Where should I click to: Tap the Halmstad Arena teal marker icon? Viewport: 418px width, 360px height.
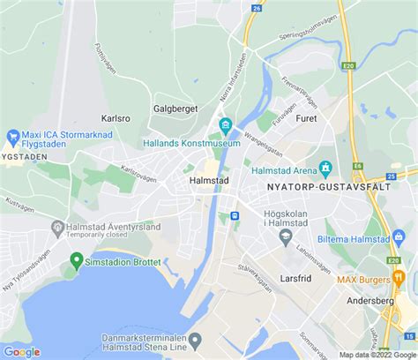click(325, 166)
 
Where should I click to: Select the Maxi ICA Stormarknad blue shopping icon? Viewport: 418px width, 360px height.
click(13, 137)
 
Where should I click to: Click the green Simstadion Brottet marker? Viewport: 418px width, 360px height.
click(76, 261)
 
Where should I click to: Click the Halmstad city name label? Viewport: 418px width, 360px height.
click(210, 181)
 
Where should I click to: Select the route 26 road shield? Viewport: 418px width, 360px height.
click(257, 7)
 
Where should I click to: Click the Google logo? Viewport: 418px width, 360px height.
click(22, 352)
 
